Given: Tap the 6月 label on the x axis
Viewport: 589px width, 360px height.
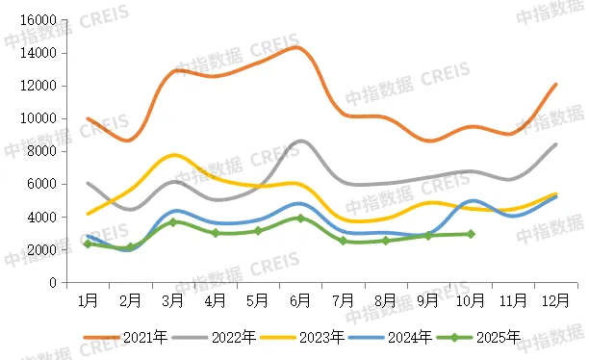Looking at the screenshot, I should coord(300,300).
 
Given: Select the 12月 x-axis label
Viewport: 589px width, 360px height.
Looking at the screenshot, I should coord(555,300).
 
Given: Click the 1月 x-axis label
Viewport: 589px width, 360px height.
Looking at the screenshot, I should coord(88,300).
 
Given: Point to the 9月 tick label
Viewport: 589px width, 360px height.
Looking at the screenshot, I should coord(428,300).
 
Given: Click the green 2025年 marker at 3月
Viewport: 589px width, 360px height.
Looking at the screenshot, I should coord(173,222).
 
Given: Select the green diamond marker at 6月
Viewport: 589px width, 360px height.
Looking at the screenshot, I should coord(300,219).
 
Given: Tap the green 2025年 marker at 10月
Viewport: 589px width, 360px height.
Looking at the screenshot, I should coord(471,234).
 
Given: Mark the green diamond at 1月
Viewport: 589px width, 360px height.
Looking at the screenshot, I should coord(88,244).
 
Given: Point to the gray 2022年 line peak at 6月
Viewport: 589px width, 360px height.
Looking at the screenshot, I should coord(301,141).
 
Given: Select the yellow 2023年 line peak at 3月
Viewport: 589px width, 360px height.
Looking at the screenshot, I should coord(173,155).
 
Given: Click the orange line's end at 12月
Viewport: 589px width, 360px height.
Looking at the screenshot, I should coord(555,85).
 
